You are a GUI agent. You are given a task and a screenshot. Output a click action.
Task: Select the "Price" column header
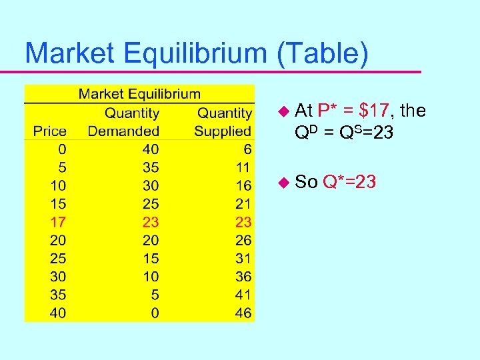click(x=49, y=131)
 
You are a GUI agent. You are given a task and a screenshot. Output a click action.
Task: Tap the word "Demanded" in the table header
click(x=123, y=131)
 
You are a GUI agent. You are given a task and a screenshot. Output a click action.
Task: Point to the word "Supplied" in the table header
click(x=223, y=131)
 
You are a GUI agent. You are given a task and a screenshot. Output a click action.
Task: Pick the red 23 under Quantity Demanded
click(x=151, y=222)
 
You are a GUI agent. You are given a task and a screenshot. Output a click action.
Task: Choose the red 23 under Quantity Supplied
click(x=243, y=222)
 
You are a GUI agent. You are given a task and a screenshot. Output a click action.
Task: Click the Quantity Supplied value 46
click(x=243, y=313)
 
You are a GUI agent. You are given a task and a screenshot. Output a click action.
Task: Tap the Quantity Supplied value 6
click(x=247, y=149)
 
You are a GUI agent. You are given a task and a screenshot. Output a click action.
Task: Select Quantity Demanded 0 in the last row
click(x=155, y=313)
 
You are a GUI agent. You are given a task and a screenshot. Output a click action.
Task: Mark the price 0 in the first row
click(x=62, y=149)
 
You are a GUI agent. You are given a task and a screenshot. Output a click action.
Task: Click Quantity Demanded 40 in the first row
click(x=151, y=149)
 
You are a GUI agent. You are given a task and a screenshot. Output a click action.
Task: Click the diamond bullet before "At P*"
click(x=284, y=111)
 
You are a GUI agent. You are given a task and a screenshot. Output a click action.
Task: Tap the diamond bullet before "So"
click(x=284, y=181)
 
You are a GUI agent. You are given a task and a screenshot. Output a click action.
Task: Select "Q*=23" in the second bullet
click(x=349, y=181)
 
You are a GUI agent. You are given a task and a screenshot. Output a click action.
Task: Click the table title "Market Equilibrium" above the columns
click(x=139, y=94)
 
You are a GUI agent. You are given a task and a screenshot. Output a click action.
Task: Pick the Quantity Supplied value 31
click(x=243, y=258)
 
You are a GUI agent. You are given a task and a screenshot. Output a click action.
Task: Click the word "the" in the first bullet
click(x=413, y=110)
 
